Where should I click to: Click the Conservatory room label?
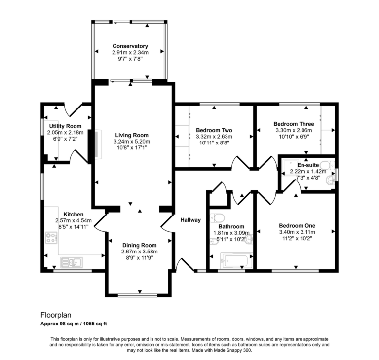[130, 46]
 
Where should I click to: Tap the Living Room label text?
[131, 135]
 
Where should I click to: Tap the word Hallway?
[190, 220]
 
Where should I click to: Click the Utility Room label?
[65, 126]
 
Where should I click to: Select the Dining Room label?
[139, 245]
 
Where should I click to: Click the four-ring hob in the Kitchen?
[51, 239]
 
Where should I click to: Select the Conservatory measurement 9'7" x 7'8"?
[130, 59]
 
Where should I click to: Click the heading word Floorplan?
[55, 314]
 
